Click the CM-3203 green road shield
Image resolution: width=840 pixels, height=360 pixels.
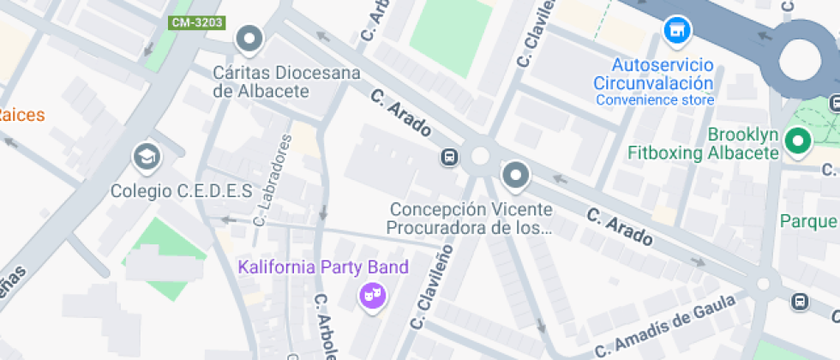pyautogui.click(x=196, y=22)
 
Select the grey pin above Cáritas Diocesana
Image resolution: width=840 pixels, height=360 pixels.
pyautogui.click(x=249, y=39)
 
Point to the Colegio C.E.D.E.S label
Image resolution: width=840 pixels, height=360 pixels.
pyautogui.click(x=181, y=190)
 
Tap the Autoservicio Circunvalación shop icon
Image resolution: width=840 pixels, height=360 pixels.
pyautogui.click(x=678, y=30)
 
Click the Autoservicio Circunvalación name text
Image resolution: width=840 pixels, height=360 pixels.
pyautogui.click(x=654, y=75)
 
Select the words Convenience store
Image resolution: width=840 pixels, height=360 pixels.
pyautogui.click(x=655, y=100)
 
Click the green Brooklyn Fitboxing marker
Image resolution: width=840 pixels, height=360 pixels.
pyautogui.click(x=799, y=141)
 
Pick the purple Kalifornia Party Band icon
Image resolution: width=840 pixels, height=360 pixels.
pyautogui.click(x=373, y=297)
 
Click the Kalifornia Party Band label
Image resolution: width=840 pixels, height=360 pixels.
pyautogui.click(x=323, y=267)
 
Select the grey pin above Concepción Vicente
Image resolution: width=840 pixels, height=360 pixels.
pyautogui.click(x=515, y=175)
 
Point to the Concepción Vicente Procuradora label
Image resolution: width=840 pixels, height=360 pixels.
pyautogui.click(x=470, y=219)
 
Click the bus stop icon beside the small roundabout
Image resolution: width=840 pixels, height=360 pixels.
pyautogui.click(x=448, y=157)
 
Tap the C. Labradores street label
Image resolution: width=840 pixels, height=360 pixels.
pyautogui.click(x=273, y=180)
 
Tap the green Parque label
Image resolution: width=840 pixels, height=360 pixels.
pyautogui.click(x=808, y=221)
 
